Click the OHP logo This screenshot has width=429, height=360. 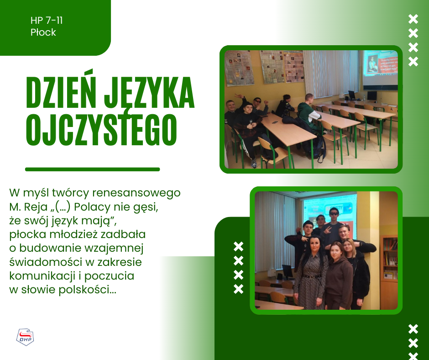point(25,337)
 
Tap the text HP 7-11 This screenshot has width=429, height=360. point(47,20)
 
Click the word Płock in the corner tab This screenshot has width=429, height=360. point(43,32)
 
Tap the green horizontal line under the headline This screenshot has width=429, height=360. point(93,169)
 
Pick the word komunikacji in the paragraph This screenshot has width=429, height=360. point(42,276)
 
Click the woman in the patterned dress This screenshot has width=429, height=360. point(310,274)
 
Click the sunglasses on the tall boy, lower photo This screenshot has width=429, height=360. point(334,213)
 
